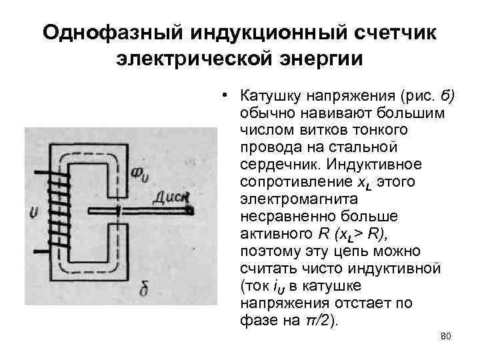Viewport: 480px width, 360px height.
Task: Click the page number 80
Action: pyautogui.click(x=446, y=336)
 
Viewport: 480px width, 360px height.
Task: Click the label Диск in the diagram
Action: pyautogui.click(x=172, y=197)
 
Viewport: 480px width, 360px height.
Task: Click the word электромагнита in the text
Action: pyautogui.click(x=290, y=199)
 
